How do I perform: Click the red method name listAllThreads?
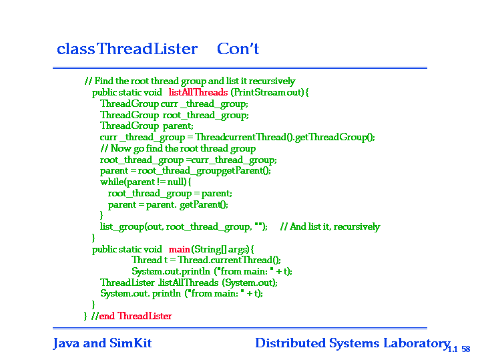(198, 92)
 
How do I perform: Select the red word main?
(179, 249)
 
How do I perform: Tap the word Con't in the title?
(238, 49)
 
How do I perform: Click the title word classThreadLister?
(127, 49)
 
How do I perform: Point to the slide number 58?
(465, 349)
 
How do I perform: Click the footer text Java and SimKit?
(102, 343)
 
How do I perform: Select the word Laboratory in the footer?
(417, 343)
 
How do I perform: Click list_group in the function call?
(122, 226)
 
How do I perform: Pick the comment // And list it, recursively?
(330, 226)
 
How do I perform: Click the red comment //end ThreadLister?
(132, 316)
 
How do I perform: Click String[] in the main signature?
(210, 249)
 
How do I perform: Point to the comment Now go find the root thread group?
(183, 148)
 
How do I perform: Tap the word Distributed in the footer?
(290, 343)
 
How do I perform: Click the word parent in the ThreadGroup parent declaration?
(178, 126)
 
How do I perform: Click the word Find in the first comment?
(103, 81)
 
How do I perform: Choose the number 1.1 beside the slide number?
(453, 349)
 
